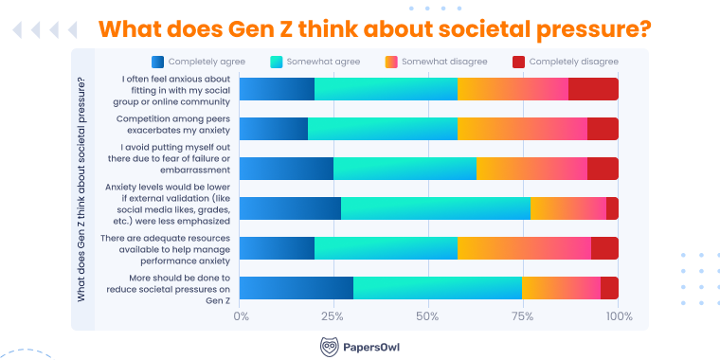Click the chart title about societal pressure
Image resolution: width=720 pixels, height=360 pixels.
(375, 27)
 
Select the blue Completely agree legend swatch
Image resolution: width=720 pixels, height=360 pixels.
(157, 62)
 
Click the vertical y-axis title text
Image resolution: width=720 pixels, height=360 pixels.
(82, 189)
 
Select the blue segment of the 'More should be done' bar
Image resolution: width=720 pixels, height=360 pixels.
(296, 288)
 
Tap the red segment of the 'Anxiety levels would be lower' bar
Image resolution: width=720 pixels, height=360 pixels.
(612, 208)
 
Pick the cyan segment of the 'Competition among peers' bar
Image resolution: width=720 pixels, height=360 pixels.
(383, 129)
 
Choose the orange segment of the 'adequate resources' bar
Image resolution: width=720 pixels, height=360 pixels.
(524, 248)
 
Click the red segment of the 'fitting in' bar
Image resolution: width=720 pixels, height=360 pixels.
(593, 89)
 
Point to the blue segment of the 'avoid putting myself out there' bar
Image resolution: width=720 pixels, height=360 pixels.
(286, 169)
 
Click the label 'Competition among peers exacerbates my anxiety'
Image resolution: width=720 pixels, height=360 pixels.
(171, 125)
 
